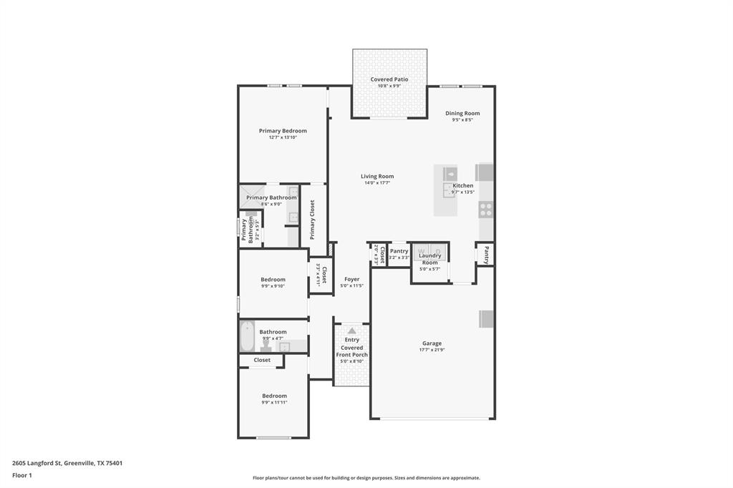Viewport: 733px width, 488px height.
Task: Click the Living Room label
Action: pos(377,176)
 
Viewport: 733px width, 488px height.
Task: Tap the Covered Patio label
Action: pos(389,79)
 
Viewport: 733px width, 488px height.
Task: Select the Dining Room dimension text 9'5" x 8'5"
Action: pos(462,120)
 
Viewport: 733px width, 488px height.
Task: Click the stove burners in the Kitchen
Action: pos(485,210)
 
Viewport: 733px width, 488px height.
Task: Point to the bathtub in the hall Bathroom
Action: pos(247,335)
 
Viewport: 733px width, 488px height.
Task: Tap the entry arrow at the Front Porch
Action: pos(351,331)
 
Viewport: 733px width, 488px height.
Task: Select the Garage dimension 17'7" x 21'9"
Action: pos(432,350)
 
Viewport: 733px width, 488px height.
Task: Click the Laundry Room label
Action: pos(429,259)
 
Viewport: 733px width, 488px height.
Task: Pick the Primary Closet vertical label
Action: pos(312,220)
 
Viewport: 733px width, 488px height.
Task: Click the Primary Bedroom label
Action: pos(283,131)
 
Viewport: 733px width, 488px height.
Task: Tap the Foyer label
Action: pos(351,279)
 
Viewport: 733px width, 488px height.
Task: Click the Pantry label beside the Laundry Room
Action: pos(399,251)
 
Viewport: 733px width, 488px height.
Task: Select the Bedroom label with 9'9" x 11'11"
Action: pos(274,396)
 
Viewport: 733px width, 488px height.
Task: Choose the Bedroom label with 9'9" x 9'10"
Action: pos(273,279)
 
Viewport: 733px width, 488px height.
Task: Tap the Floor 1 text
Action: pos(22,475)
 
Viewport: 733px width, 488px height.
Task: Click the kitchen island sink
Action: pos(450,174)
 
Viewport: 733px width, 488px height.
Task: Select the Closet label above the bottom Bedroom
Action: pos(262,360)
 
